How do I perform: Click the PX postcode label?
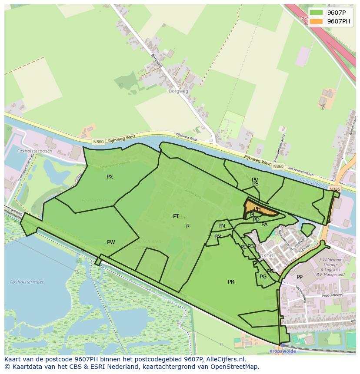(x=110, y=177)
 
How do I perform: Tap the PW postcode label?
(x=111, y=242)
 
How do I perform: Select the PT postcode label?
(x=176, y=216)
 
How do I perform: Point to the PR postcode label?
(x=231, y=282)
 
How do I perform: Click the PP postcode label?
(x=300, y=277)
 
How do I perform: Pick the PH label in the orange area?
(x=257, y=209)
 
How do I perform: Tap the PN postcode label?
(x=222, y=226)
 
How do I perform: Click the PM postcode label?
(x=218, y=237)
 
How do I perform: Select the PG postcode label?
(x=263, y=277)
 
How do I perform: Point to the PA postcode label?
(x=264, y=225)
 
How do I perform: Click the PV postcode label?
(x=255, y=179)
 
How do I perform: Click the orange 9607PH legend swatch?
(x=317, y=21)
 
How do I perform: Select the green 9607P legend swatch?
(x=317, y=12)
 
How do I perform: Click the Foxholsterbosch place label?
(x=34, y=151)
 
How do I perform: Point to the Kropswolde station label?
(x=282, y=351)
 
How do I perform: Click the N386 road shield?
(x=334, y=189)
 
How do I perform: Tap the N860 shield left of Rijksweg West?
(x=98, y=142)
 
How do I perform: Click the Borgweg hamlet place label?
(x=178, y=91)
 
